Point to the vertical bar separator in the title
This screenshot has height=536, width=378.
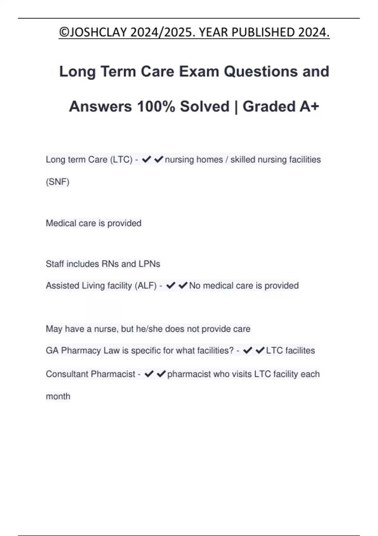(x=236, y=107)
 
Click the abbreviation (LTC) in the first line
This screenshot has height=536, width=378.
(x=121, y=160)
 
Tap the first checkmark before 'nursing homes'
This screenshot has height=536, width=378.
(x=146, y=160)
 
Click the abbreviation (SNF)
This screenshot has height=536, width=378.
(x=58, y=182)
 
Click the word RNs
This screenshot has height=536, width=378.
(x=109, y=264)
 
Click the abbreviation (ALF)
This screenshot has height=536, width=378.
(x=146, y=286)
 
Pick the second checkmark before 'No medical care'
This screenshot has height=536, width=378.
(x=183, y=286)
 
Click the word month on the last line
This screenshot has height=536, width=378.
(x=58, y=396)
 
